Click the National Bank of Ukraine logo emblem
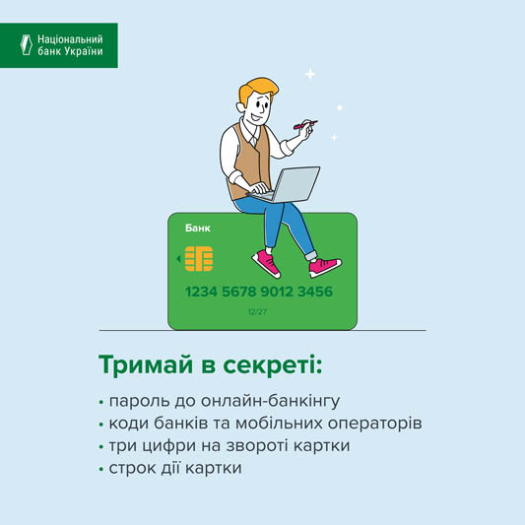point(27,44)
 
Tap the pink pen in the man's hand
point(305,124)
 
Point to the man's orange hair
point(257,88)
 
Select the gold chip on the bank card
point(199,259)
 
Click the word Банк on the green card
point(198,229)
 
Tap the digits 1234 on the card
point(201,292)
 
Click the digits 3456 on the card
point(315,292)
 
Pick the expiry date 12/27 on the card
point(257,312)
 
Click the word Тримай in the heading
point(146,365)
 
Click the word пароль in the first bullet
point(139,401)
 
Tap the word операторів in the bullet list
point(374,424)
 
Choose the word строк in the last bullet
point(132,468)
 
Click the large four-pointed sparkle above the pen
point(310,74)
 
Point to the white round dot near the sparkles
point(340,107)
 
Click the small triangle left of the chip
point(179,259)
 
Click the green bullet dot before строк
point(101,470)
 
